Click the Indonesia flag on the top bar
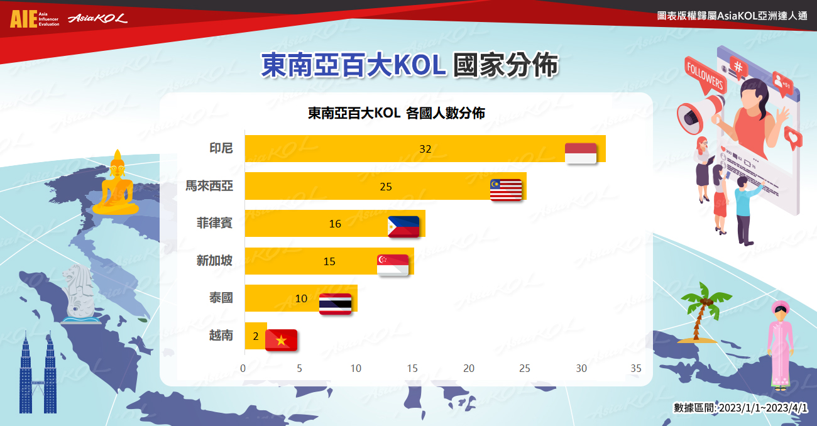(x=581, y=153)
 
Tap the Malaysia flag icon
(x=506, y=190)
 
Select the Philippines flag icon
(x=403, y=226)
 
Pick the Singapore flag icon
(x=393, y=265)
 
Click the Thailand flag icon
(x=335, y=304)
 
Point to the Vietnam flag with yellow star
(x=281, y=340)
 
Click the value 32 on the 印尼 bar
(x=425, y=149)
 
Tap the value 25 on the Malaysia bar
(x=386, y=187)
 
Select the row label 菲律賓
(x=214, y=223)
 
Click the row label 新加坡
(x=214, y=260)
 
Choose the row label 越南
(x=221, y=335)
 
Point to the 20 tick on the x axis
(x=469, y=368)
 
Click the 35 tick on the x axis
(x=636, y=368)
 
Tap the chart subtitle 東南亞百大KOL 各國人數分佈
(x=397, y=113)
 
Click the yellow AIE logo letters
(x=24, y=19)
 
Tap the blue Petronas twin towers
(x=38, y=373)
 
